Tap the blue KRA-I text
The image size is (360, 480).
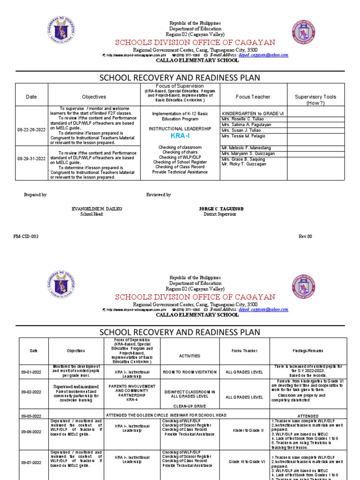[x=180, y=135]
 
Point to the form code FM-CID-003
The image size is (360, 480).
[x=26, y=236]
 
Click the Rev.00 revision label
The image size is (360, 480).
[x=305, y=236]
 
